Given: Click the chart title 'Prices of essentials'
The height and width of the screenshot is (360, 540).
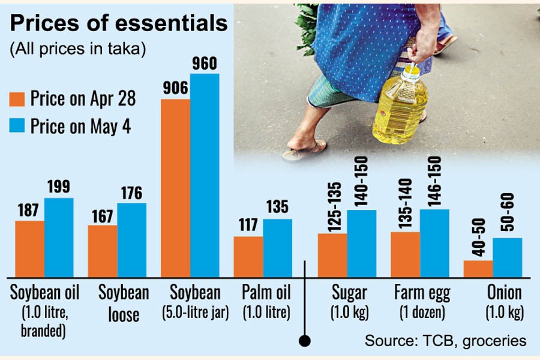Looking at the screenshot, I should pos(119,23).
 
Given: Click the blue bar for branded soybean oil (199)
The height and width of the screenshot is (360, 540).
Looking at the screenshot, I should pos(59,237).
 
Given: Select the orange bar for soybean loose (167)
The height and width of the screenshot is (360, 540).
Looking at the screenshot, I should pos(102,251).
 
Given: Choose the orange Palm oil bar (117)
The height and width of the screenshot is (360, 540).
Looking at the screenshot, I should pos(248,256).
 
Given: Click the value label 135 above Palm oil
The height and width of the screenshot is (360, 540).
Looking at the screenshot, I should pos(277,208).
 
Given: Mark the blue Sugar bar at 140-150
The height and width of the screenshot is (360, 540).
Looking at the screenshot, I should pos(361,243).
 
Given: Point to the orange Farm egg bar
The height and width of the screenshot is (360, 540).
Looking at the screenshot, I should pos(405,254).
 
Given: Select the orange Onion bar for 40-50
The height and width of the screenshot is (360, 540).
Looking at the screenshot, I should pos(478,268).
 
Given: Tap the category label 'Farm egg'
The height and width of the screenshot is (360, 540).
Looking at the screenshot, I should pos(419,293).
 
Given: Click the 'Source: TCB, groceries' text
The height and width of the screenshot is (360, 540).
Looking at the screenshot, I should pos(445,341).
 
